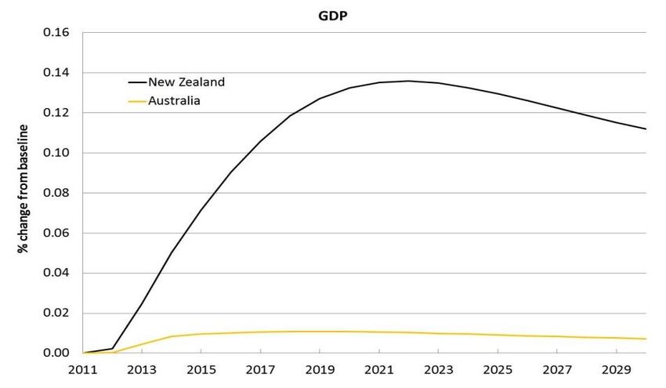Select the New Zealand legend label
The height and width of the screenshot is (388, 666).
pyautogui.click(x=186, y=82)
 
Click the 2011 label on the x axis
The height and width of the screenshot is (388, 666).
pyautogui.click(x=82, y=369)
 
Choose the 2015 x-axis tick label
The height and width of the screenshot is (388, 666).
pyautogui.click(x=201, y=369)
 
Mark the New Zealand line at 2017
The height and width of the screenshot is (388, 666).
pyautogui.click(x=260, y=141)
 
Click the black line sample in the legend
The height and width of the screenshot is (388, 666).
pyautogui.click(x=137, y=82)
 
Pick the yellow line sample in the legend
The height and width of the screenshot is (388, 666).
pyautogui.click(x=137, y=100)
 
